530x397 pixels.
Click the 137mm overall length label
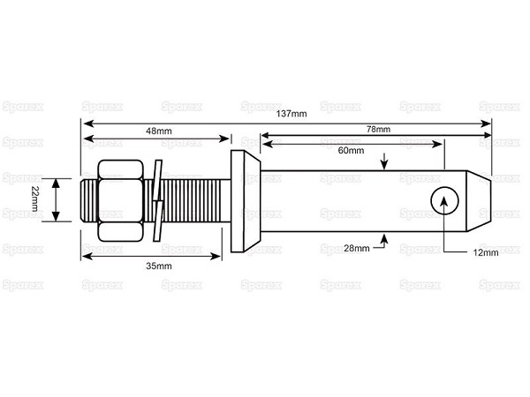click(291, 114)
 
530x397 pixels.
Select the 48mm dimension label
click(159, 131)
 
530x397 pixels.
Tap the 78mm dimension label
click(379, 129)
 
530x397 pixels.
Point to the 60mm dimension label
click(352, 150)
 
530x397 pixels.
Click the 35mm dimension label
click(159, 266)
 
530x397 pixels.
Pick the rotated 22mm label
click(34, 198)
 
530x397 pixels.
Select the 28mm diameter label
click(357, 248)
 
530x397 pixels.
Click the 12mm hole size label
click(486, 252)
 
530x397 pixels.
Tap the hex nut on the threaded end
click(120, 200)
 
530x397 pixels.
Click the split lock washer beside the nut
click(158, 200)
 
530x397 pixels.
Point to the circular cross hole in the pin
click(444, 200)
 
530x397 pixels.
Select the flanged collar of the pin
click(246, 201)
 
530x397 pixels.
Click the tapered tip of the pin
click(479, 201)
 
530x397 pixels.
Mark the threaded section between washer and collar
click(197, 200)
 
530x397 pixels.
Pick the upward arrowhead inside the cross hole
click(444, 201)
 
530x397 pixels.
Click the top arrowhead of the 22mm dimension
click(57, 184)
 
